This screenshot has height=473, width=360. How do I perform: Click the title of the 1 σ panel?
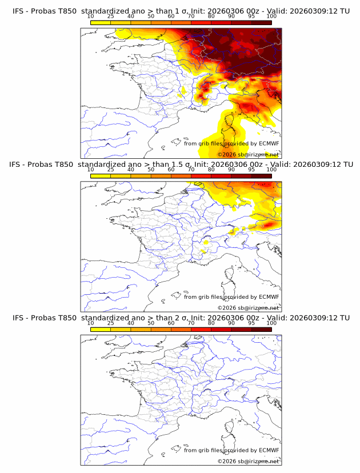(181, 11)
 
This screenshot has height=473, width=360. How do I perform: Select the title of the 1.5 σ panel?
(181, 165)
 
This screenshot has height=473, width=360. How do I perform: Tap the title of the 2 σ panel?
(181, 318)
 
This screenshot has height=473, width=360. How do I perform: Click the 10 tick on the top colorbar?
(91, 17)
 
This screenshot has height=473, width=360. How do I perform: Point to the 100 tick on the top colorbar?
(271, 17)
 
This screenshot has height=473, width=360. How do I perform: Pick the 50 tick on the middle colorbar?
(151, 170)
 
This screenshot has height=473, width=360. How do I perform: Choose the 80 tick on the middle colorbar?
(211, 170)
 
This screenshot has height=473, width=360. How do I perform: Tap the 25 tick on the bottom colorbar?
(111, 323)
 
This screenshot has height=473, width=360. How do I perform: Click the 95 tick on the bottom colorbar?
(251, 323)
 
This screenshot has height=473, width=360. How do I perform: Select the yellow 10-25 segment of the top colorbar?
(101, 22)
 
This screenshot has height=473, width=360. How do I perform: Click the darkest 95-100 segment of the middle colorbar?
(261, 176)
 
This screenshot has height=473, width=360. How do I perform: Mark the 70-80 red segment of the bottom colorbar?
(201, 330)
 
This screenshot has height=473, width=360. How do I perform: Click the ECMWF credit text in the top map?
(231, 143)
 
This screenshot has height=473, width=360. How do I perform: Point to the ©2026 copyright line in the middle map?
(248, 308)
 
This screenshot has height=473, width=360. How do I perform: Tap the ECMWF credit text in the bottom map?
(231, 450)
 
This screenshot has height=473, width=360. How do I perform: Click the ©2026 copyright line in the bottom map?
(248, 461)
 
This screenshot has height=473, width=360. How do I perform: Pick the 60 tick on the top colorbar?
(171, 17)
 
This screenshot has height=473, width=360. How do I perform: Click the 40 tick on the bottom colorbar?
(131, 323)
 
